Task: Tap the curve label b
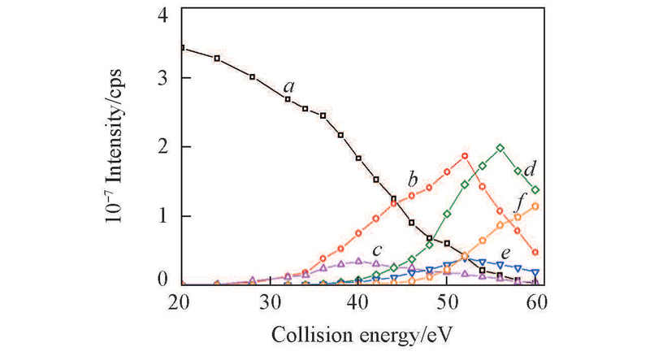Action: [413, 178]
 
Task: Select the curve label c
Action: [377, 249]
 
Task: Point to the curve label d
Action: [528, 170]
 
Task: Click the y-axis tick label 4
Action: [164, 15]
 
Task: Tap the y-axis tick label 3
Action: [164, 78]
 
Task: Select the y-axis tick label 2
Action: [164, 147]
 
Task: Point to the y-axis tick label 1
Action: [164, 216]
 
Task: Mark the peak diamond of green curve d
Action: [500, 148]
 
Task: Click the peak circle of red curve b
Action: [465, 156]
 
